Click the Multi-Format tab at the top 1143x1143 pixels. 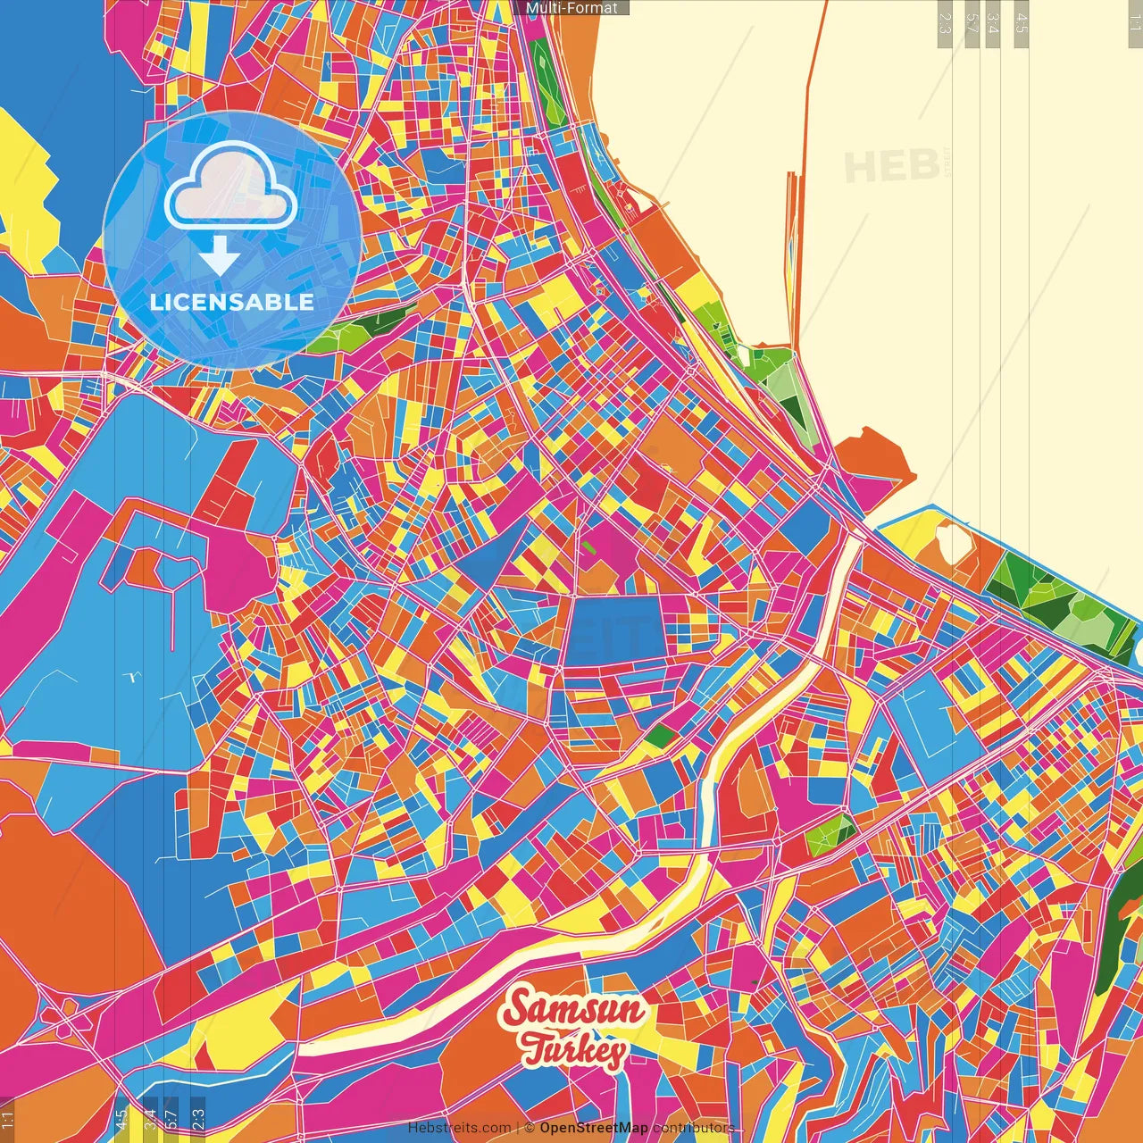[571, 8]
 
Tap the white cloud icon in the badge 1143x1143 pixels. [230, 187]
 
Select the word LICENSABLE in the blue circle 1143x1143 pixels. [231, 302]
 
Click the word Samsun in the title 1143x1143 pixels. [572, 1009]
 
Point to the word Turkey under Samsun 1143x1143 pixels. [574, 1049]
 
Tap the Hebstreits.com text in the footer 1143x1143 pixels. [459, 1128]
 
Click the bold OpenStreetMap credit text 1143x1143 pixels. [593, 1128]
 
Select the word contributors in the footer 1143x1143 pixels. [693, 1128]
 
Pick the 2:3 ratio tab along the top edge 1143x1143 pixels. [945, 23]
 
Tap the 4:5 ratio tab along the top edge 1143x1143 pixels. [1022, 23]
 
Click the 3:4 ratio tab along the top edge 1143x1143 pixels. [993, 23]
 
